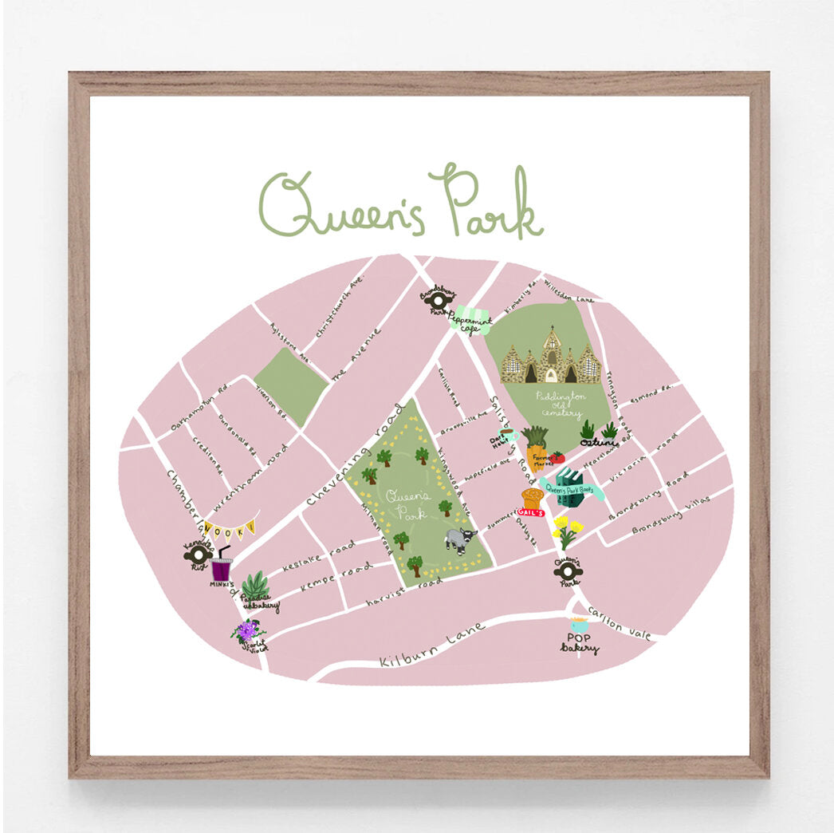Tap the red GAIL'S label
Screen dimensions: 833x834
(531, 512)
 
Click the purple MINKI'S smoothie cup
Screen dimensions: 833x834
(222, 567)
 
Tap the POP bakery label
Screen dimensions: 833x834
(579, 643)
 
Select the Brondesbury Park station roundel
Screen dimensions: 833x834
(438, 297)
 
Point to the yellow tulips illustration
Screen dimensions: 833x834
(567, 531)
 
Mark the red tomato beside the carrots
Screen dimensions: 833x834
(557, 458)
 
